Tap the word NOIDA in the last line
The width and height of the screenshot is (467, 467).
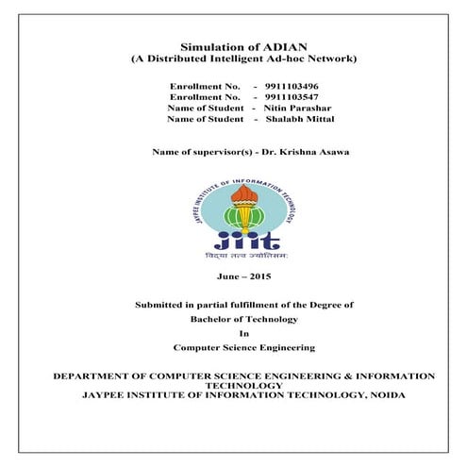(388, 396)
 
